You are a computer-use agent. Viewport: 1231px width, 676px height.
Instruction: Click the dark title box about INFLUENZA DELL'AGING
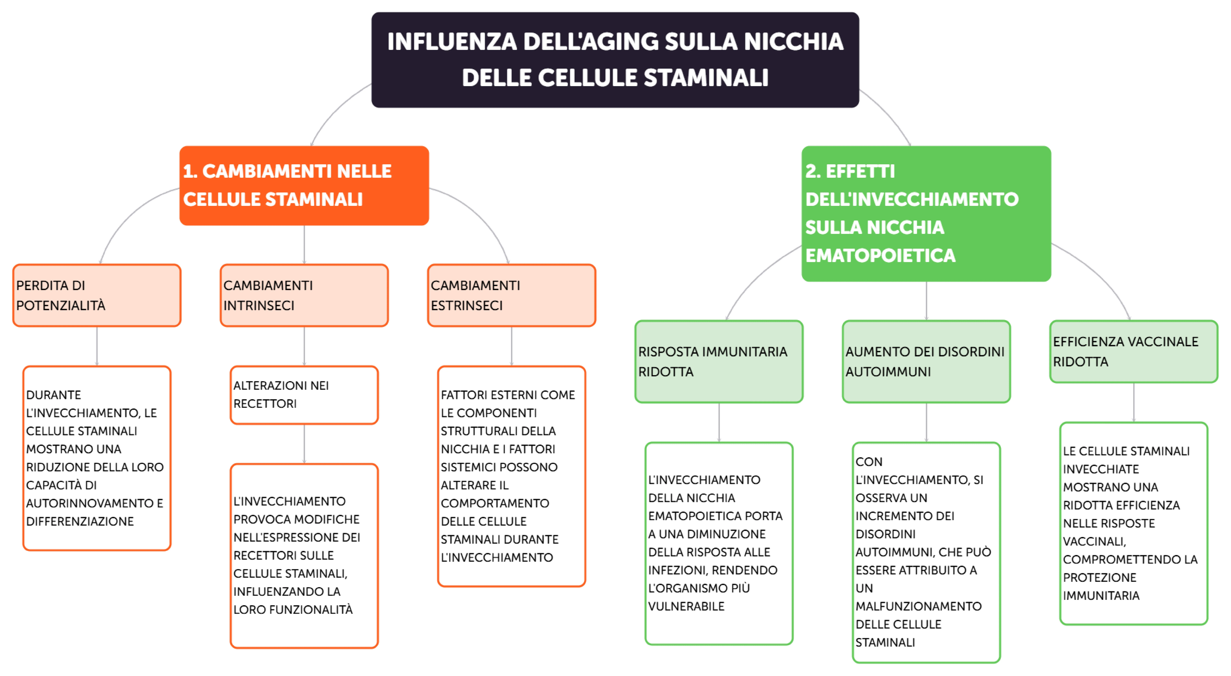[x=615, y=60]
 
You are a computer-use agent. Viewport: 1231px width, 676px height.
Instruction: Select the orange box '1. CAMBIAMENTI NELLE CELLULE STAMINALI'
[x=304, y=185]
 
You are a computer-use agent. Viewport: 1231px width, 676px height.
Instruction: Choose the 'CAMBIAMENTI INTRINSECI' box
[x=304, y=295]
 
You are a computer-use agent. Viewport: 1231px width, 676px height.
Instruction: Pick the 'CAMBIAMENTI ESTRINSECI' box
[x=511, y=295]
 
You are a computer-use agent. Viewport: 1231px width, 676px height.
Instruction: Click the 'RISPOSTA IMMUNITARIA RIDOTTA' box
[x=719, y=362]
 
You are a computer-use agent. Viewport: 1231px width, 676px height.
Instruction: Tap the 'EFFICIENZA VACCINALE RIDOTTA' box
[x=1133, y=352]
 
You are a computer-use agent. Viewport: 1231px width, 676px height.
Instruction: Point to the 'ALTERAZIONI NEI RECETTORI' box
[x=304, y=395]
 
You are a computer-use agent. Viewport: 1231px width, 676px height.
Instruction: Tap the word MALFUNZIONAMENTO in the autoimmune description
[x=918, y=606]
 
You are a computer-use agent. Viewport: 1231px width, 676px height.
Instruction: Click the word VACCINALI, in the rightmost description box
[x=1094, y=541]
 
